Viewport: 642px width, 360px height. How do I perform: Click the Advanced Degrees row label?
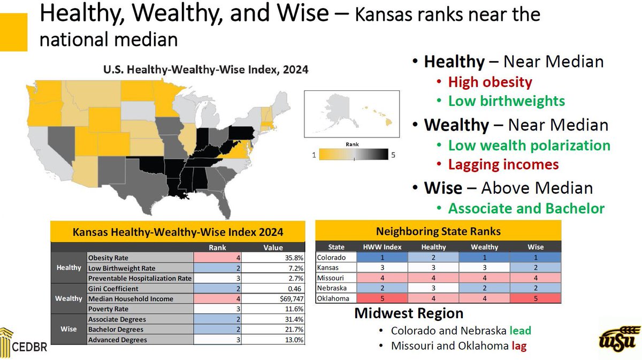118,340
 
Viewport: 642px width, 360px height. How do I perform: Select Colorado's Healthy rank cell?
433,257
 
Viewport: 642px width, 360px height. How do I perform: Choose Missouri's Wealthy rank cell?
485,278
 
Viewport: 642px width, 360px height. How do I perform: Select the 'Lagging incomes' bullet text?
503,165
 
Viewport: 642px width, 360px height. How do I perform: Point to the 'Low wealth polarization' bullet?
529,145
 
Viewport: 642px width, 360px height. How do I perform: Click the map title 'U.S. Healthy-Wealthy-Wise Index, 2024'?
205,70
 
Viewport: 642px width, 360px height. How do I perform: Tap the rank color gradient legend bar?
353,155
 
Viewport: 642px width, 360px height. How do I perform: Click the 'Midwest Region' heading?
409,313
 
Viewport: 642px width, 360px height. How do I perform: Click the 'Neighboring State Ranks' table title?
438,232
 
